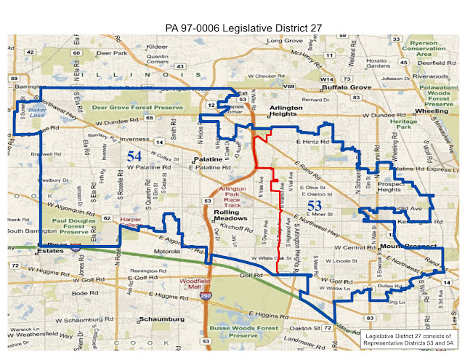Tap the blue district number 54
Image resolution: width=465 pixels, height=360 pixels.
click(134, 156)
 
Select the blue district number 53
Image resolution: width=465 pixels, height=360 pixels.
click(314, 207)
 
